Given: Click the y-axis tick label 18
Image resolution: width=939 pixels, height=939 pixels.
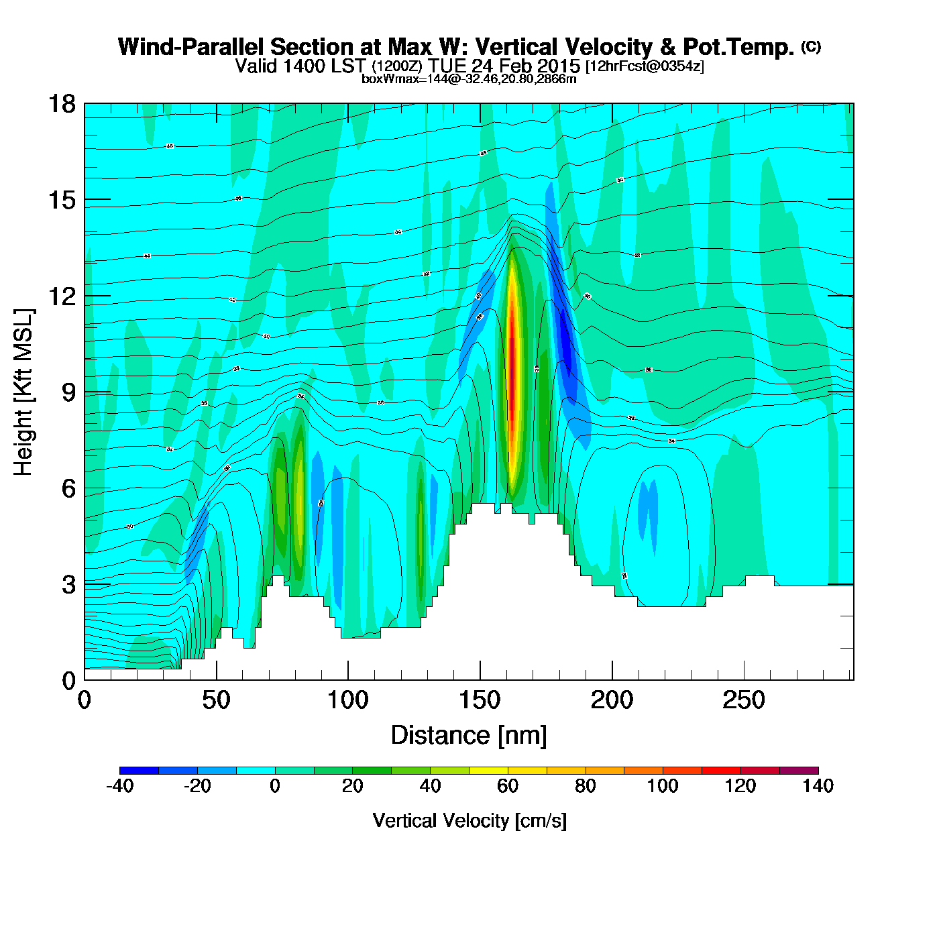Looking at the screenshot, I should (61, 104).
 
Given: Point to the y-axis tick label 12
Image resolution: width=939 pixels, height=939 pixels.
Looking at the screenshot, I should (61, 296).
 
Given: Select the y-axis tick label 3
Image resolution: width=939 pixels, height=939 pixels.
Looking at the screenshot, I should (68, 584).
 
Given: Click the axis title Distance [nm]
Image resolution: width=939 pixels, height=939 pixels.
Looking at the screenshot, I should (469, 736).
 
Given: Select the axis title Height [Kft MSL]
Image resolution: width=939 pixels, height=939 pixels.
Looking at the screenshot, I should (23, 392).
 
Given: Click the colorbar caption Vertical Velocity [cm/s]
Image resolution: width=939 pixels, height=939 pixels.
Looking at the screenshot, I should (469, 820).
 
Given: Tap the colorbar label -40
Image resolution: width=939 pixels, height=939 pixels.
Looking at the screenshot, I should (120, 786).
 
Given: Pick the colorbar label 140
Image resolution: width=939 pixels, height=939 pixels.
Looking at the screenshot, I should (818, 786).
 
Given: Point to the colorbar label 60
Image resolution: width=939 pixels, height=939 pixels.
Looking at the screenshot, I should (508, 786).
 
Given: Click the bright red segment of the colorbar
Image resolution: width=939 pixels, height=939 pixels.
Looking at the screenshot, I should (721, 770).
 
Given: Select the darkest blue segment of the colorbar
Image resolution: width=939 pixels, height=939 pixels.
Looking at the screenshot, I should (140, 770).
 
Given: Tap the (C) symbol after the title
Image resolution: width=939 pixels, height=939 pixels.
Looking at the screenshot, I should (810, 46).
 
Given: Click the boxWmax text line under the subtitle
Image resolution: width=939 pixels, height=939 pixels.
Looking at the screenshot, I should (469, 78).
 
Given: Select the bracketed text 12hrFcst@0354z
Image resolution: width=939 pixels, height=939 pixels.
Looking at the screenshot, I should (645, 66).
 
